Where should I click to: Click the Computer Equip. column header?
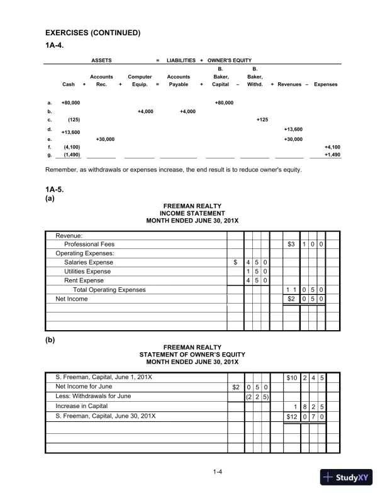(140, 80)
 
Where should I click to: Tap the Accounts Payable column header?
(179, 80)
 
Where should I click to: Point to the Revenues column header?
(289, 84)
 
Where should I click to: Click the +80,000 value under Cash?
(70, 102)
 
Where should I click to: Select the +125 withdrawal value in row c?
(262, 119)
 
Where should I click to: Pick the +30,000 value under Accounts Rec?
(104, 139)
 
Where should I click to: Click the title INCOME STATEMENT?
(192, 214)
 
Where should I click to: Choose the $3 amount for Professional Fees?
(291, 244)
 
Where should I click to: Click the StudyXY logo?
(346, 476)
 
